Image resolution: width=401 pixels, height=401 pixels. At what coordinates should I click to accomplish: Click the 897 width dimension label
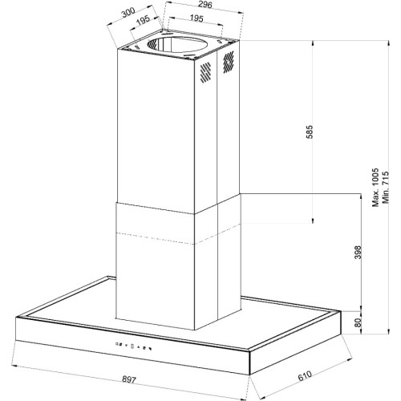point(129,379)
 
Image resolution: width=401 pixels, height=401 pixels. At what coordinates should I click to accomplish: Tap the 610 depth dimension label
point(305,375)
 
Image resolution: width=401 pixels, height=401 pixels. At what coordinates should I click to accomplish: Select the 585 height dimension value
point(309,132)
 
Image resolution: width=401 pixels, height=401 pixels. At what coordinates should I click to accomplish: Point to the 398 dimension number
point(358,252)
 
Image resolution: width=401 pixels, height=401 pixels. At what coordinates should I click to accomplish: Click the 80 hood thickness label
point(358,322)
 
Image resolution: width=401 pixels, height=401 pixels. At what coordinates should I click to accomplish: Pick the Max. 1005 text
point(375,188)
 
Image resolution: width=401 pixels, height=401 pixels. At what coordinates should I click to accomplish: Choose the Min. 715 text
point(385,188)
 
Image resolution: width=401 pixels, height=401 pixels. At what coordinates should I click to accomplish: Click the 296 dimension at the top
point(205,4)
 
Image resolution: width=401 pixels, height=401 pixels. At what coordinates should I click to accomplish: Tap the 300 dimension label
point(128,12)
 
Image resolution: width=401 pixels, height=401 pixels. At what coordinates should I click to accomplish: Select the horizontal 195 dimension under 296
point(196,18)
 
